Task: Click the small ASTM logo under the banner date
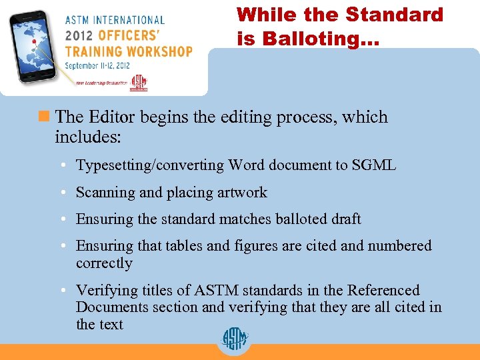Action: coord(139,83)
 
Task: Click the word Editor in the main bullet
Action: coord(111,117)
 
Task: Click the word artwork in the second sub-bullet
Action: coord(241,193)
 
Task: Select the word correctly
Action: coord(104,263)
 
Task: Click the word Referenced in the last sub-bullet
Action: coord(381,291)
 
